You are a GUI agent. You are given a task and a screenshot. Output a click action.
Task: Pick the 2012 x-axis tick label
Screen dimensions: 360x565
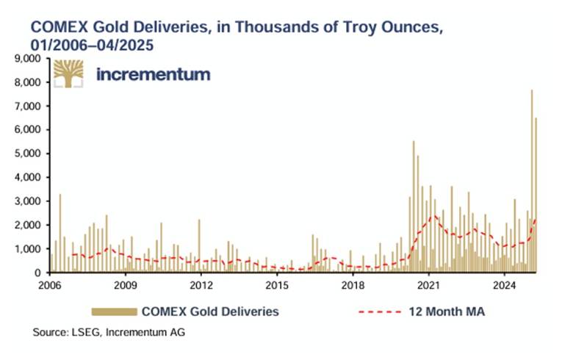pos(201,284)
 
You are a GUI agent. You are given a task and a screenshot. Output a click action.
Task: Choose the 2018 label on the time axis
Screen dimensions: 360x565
pos(353,284)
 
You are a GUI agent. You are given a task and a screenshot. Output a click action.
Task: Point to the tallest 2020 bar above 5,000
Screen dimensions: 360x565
pos(414,206)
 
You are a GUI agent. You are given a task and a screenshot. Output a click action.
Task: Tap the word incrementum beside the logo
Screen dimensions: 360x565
pos(154,74)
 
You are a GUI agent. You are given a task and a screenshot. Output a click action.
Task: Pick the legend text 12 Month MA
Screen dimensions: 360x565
pos(446,312)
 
